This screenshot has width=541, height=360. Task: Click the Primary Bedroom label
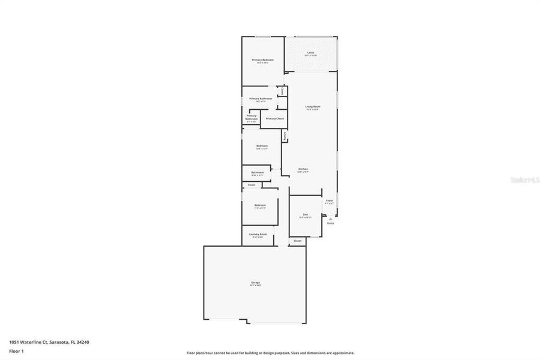262,60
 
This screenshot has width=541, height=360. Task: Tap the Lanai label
310,53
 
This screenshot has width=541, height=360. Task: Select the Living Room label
313,107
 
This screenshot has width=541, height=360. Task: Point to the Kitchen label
303,169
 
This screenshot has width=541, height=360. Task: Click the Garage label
255,282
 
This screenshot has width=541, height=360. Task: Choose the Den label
305,214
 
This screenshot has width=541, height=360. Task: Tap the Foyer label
329,200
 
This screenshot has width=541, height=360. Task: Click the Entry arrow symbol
330,219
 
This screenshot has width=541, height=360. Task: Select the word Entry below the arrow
330,223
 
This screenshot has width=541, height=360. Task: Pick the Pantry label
285,136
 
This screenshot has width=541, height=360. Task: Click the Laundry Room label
259,234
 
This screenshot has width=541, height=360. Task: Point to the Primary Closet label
274,119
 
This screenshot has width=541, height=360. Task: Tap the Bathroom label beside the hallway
257,173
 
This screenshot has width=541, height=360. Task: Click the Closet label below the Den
297,241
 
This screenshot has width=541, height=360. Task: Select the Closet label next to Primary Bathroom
283,91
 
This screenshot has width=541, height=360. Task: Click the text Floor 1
16,350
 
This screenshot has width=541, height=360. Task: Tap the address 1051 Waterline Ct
30,341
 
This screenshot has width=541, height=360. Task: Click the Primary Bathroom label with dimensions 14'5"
261,98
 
